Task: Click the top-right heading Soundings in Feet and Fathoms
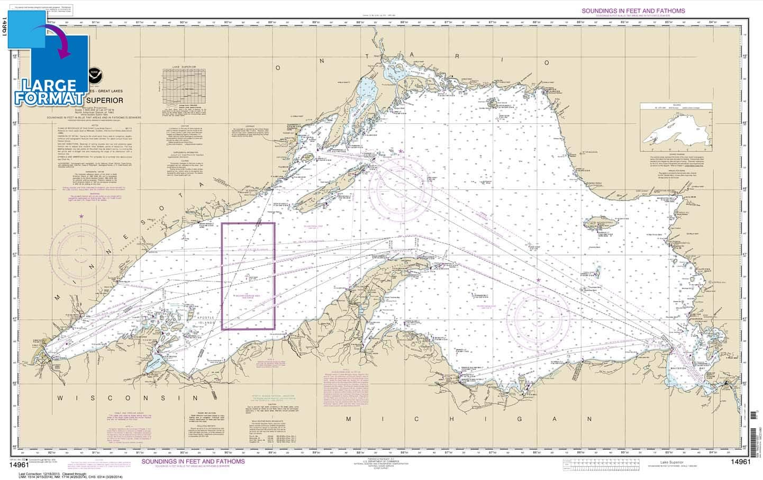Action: coord(633,11)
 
